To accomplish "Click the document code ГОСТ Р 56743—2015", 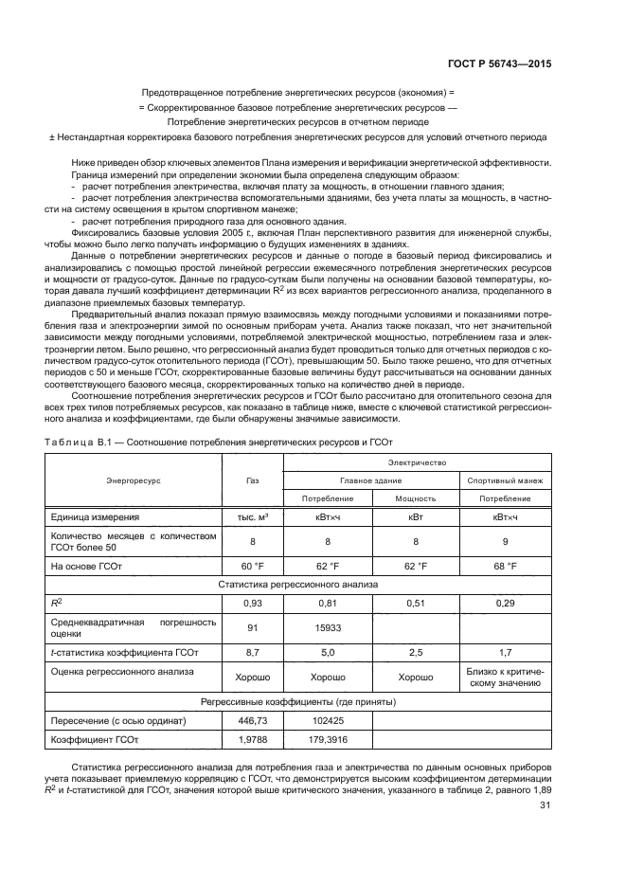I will tap(503, 64).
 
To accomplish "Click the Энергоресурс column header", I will tap(134, 480).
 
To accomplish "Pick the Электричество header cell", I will tap(416, 462).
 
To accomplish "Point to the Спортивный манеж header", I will tap(505, 480).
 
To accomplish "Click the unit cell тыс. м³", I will tap(252, 517).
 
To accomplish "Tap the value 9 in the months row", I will tap(505, 542).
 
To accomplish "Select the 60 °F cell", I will tap(252, 566).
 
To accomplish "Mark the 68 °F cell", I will tap(505, 566).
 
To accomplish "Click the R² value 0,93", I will tap(252, 603).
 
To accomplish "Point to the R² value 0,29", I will tap(505, 603).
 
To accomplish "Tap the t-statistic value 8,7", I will tap(252, 652).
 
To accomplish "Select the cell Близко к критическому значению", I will tap(505, 678).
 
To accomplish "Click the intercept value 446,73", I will tap(252, 721).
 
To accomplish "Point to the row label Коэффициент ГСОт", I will tap(95, 740).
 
